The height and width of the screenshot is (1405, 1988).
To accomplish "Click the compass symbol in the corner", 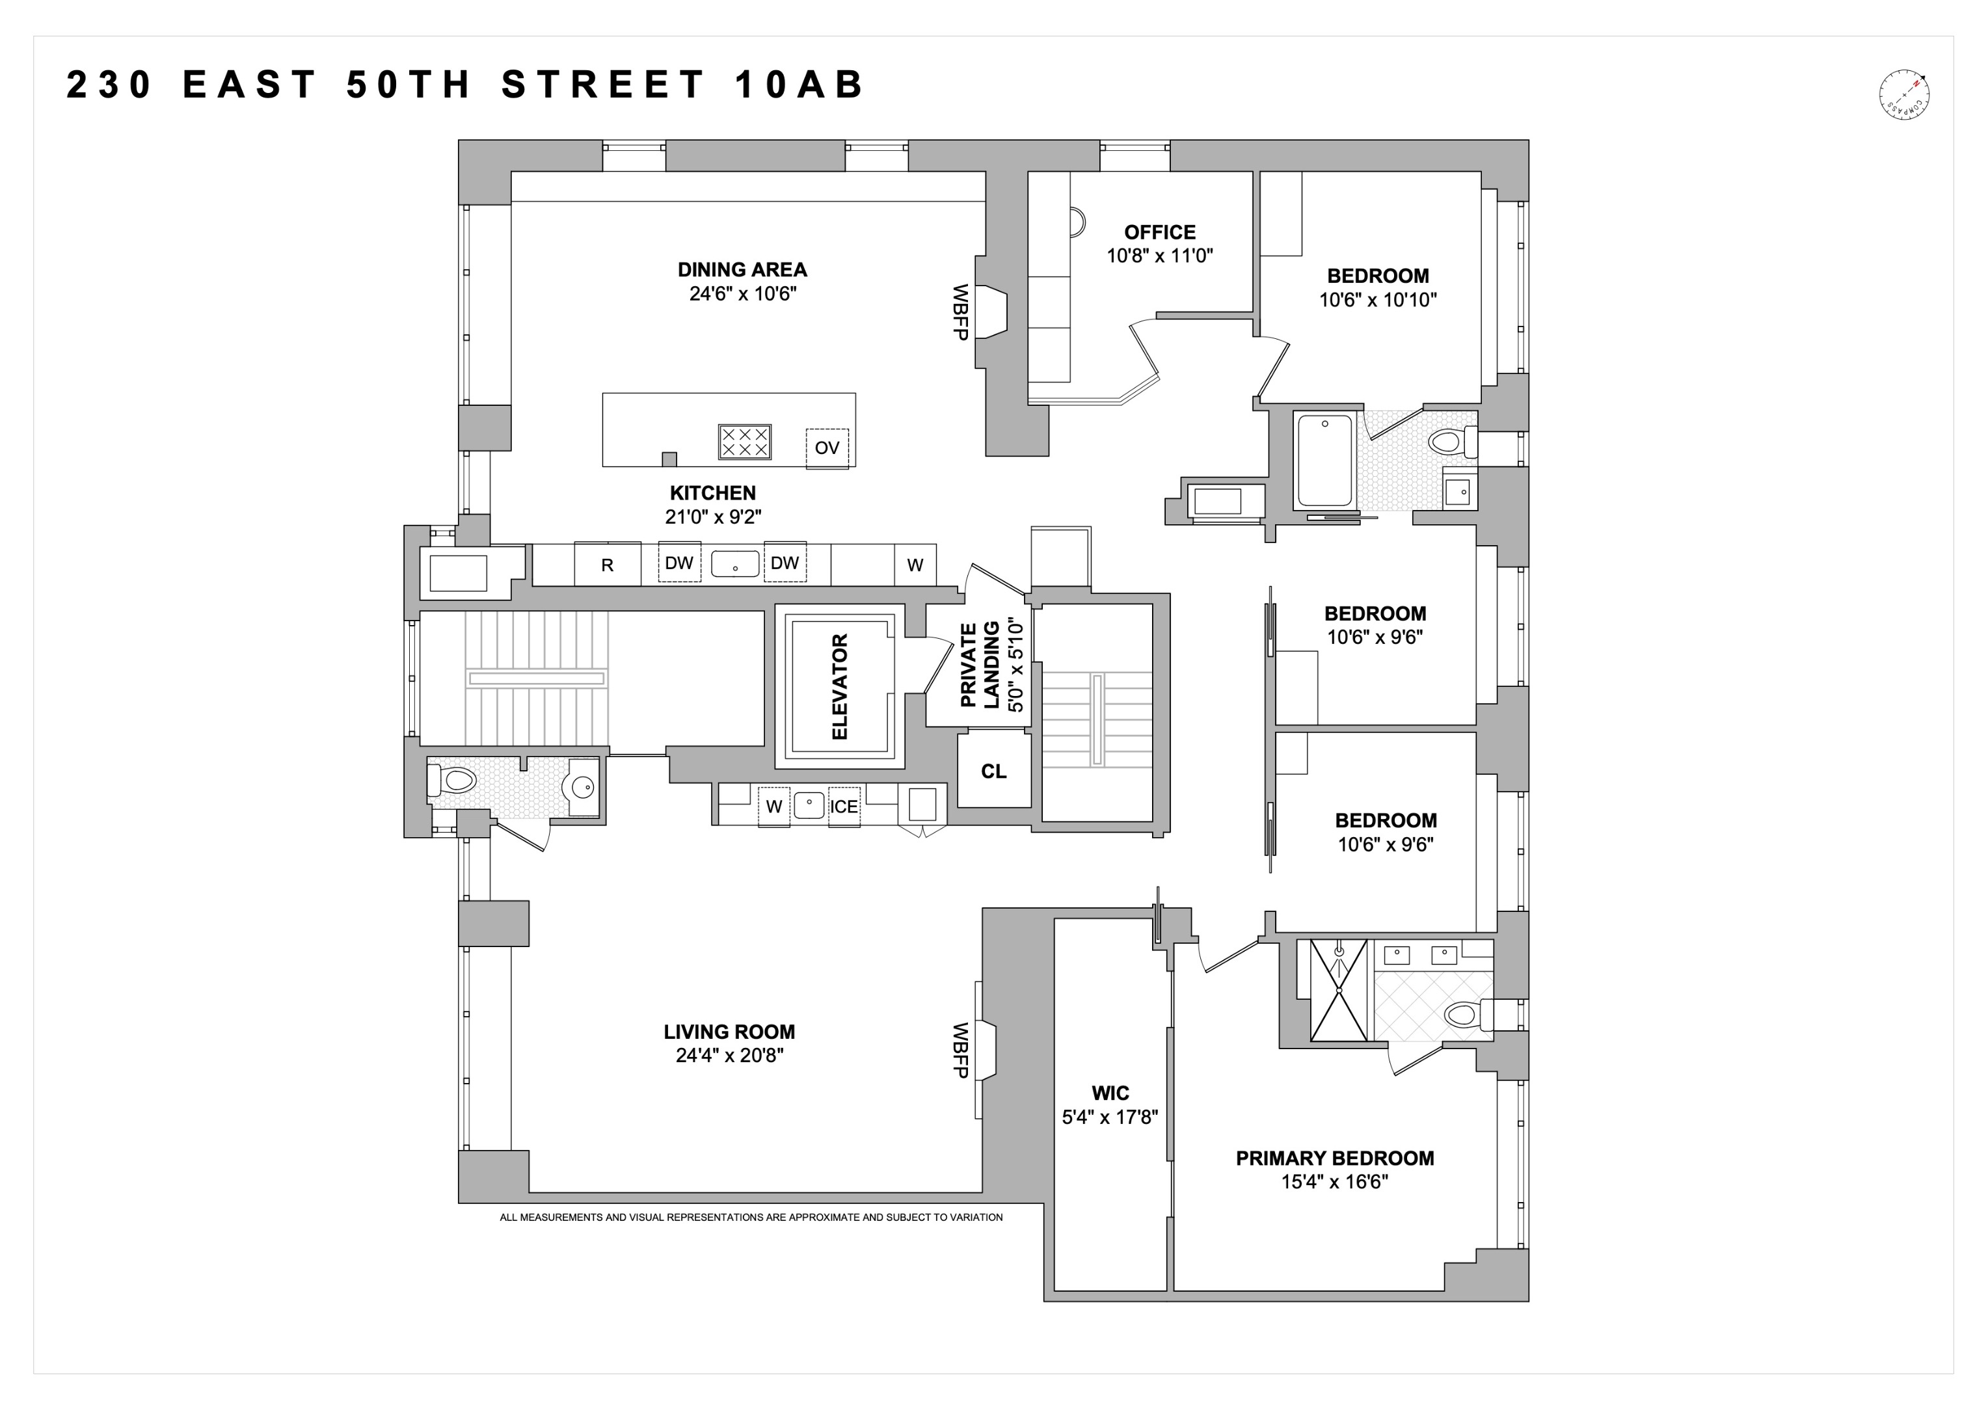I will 1905,94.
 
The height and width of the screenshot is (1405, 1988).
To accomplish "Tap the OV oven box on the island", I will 827,448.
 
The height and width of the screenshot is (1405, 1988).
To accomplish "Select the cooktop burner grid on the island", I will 745,442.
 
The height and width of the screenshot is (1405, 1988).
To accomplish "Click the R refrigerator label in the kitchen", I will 607,565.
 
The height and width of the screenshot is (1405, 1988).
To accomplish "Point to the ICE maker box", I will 844,807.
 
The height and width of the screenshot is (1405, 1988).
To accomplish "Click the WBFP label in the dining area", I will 960,312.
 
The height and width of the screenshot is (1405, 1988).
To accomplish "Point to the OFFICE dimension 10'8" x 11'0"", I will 1159,256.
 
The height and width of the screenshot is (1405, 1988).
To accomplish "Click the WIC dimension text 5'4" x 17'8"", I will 1110,1117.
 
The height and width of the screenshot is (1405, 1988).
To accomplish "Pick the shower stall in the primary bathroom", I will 1339,989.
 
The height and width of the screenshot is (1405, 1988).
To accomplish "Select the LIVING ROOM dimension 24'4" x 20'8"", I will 729,1055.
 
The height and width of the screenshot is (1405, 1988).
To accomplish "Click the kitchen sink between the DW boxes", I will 735,563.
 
